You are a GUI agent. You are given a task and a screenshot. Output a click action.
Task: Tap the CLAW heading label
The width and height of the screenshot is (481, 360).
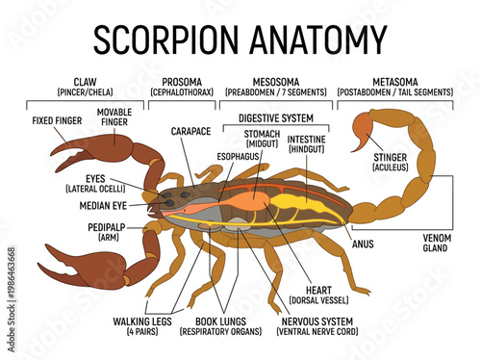tap(86, 82)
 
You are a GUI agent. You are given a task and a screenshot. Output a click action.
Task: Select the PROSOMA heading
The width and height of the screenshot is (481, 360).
tap(182, 82)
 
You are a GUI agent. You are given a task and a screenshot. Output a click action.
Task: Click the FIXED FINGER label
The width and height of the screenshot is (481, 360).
tap(56, 121)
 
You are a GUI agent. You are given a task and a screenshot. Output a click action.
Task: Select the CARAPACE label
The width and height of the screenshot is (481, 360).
tap(190, 131)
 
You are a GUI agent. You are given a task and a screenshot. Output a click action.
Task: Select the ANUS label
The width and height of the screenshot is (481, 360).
tap(364, 244)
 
